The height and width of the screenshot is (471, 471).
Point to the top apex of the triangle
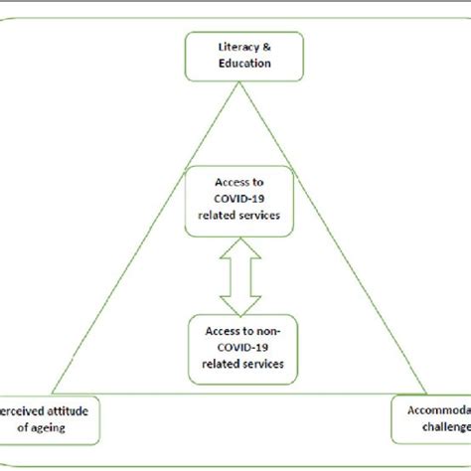235,83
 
